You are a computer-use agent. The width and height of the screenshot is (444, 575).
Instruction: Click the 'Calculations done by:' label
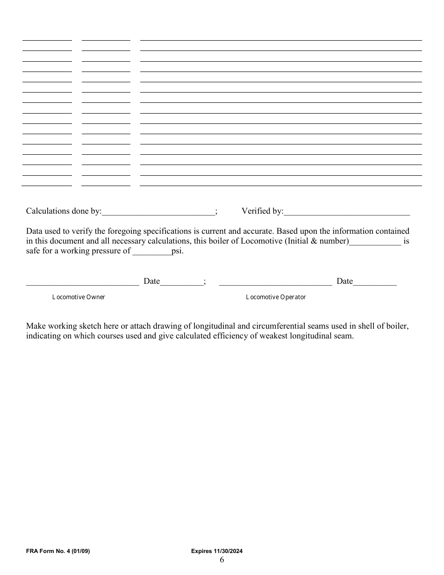point(64,211)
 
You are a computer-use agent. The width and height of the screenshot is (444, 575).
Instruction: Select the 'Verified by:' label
point(262,211)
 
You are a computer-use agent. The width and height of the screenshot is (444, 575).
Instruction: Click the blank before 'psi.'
point(152,252)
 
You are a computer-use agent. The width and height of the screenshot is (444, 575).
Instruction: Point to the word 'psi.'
point(178,251)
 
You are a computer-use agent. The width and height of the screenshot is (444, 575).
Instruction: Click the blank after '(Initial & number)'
point(375,243)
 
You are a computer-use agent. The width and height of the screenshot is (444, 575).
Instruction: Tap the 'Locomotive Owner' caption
point(79,297)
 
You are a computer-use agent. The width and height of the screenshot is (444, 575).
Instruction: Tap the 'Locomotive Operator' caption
point(276,297)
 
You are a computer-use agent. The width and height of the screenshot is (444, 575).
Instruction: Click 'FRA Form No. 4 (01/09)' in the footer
point(58,552)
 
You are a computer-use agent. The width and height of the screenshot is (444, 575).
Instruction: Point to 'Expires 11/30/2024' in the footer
point(217,552)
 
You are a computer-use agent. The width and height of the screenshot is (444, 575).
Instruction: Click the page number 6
point(222,560)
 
